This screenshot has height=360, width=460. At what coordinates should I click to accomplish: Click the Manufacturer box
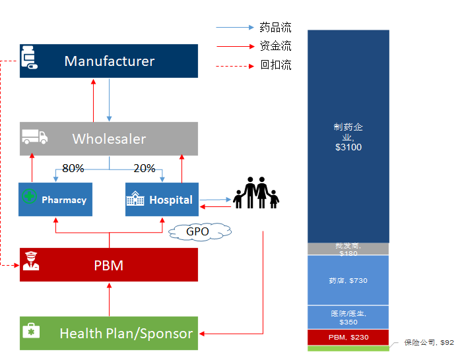coord(109,61)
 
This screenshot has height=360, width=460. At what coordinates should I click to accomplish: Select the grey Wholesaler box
coord(109,138)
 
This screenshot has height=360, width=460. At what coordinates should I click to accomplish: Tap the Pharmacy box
coord(55,199)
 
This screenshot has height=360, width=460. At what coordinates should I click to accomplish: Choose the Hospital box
coord(162,199)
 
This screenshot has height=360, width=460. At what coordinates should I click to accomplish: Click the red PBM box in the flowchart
coord(109,265)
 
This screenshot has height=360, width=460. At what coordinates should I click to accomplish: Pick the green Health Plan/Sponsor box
coord(109,333)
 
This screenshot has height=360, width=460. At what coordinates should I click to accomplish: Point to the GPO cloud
coord(197,231)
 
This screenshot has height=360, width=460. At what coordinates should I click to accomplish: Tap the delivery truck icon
coord(34,136)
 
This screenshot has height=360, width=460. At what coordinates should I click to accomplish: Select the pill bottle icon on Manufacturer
coord(28,58)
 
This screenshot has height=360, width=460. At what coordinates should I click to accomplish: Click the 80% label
coord(73,168)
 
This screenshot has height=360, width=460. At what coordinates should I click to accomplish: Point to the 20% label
coord(145,168)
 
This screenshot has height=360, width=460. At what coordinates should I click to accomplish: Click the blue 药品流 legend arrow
coord(235,28)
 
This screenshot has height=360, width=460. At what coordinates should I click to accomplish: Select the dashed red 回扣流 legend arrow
coord(235,66)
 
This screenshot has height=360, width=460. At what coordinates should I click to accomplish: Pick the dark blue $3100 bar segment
coord(348,136)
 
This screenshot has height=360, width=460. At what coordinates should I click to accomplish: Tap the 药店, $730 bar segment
coord(348,280)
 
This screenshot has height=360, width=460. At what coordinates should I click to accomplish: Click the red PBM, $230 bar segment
coord(348,337)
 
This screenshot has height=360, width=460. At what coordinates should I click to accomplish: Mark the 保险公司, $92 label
coord(428,343)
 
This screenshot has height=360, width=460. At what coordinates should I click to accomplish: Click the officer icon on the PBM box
coord(30,261)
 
